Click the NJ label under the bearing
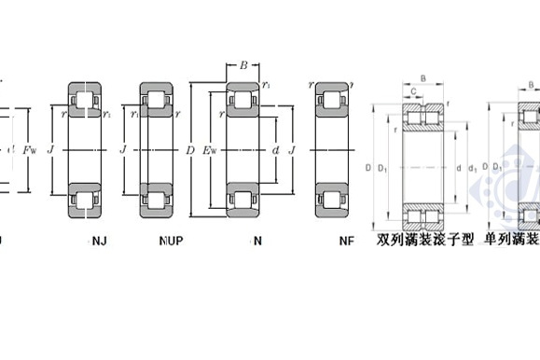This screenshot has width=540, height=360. point(99,241)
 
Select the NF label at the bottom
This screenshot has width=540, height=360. point(347,241)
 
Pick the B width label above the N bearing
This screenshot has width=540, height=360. point(243,66)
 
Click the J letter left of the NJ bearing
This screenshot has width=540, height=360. point(49,148)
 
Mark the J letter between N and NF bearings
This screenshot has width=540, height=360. point(293,148)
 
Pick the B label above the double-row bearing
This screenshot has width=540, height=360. point(423,78)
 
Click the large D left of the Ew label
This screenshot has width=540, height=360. point(191,148)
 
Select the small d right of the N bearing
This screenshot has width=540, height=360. point(277,148)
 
